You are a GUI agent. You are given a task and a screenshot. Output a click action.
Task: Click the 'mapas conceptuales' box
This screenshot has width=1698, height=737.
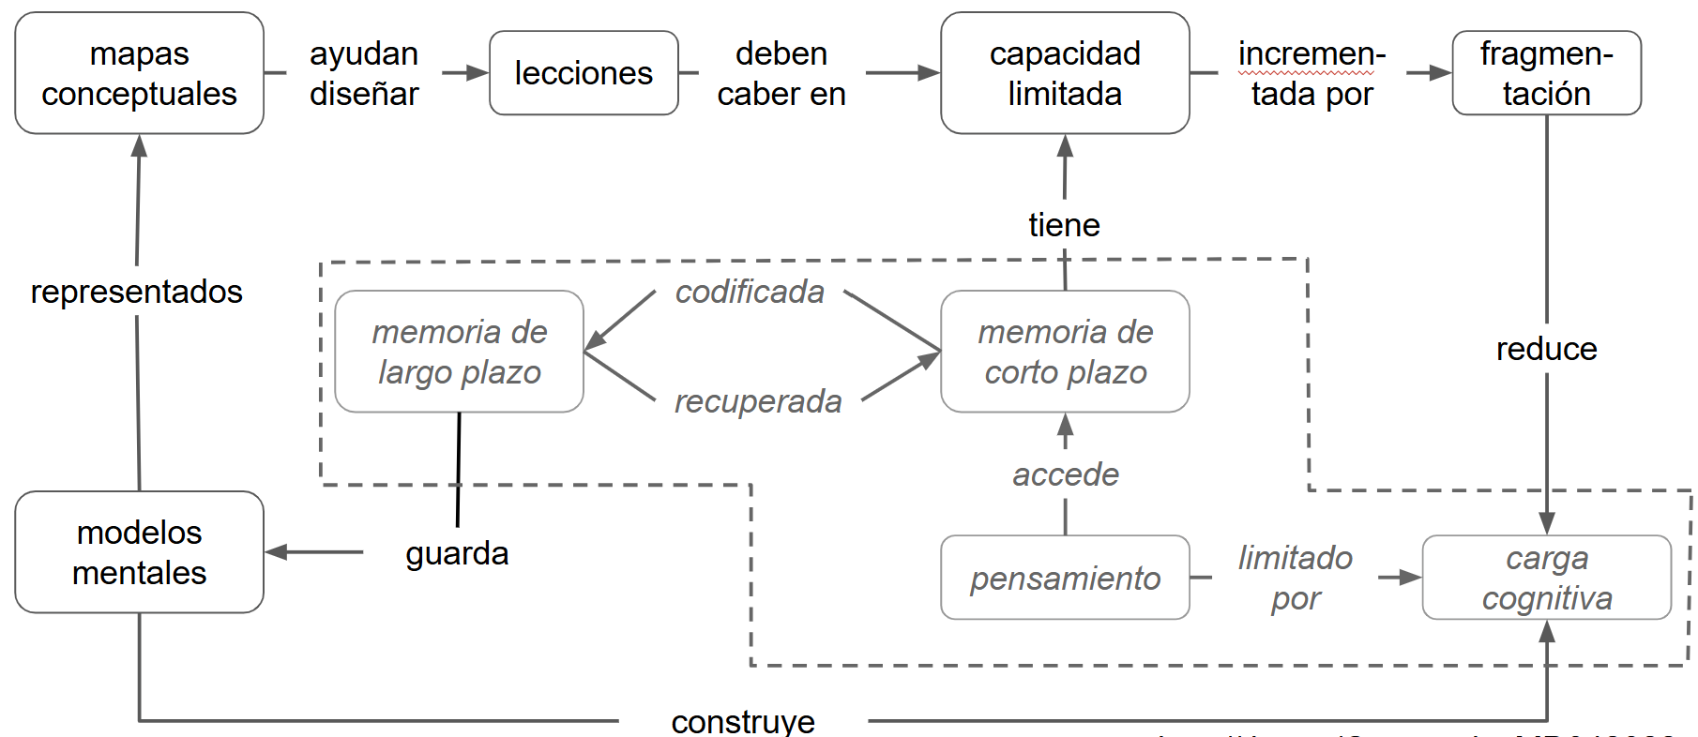[139, 73]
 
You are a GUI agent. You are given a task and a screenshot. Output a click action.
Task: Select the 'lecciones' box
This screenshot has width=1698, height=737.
[584, 73]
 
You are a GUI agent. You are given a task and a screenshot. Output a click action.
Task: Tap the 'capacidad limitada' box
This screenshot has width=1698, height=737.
[1065, 73]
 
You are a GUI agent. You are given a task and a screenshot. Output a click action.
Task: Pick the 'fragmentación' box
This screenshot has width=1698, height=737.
[1546, 73]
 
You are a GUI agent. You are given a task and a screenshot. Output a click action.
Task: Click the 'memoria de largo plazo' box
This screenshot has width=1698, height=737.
[459, 352]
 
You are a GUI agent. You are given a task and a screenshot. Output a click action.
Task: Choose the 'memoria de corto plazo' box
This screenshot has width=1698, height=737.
[1065, 352]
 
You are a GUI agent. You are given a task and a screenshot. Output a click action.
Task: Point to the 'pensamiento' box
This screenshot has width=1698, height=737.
[1065, 578]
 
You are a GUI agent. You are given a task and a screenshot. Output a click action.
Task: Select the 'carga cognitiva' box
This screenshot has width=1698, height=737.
[1546, 578]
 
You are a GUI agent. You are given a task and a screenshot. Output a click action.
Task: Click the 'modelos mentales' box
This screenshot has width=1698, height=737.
[139, 552]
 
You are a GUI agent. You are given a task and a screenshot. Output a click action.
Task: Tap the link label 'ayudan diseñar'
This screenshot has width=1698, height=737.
[364, 73]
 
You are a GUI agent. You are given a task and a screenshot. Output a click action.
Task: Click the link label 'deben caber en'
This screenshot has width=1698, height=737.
[781, 73]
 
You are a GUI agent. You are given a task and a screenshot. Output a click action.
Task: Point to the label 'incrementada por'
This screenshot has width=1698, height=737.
[1311, 73]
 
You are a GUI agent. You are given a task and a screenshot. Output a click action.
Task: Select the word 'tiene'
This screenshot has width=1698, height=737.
[1064, 225]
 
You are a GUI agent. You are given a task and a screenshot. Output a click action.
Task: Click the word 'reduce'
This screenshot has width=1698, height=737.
[1546, 349]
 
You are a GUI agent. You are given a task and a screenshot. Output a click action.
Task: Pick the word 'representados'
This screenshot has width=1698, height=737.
[137, 292]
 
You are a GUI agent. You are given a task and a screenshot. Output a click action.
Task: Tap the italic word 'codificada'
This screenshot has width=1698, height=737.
[750, 292]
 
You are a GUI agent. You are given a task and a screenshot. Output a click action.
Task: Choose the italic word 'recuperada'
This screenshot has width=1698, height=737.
[758, 401]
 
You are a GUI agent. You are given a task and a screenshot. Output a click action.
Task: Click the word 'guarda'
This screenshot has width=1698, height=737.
[457, 553]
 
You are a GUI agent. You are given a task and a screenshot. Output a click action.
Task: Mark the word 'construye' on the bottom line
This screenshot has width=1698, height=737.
[743, 721]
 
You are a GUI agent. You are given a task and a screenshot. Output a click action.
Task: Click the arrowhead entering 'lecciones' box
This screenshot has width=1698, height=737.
[478, 73]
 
